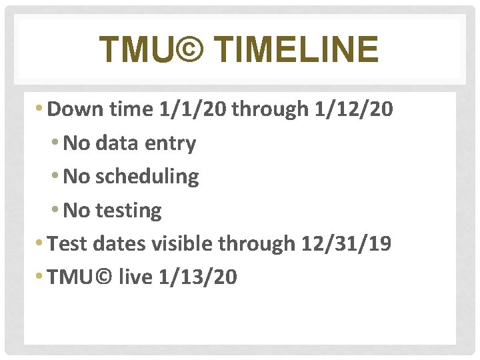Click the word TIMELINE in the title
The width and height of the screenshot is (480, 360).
[x=298, y=50]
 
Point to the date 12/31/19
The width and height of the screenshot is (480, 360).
[x=346, y=243]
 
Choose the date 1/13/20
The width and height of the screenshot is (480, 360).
[x=198, y=277]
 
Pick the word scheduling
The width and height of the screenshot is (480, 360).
[x=147, y=177]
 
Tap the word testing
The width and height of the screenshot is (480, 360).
[x=129, y=210]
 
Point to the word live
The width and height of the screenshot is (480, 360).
[x=136, y=277]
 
